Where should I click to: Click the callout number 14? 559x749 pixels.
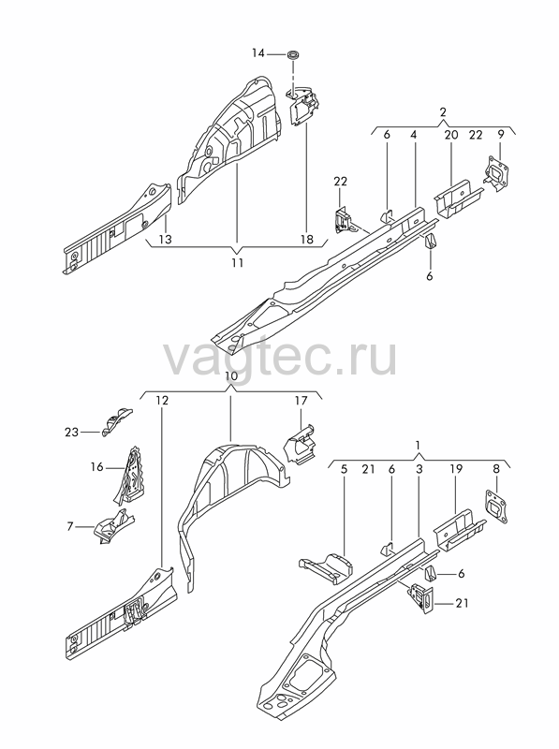(x=258, y=53)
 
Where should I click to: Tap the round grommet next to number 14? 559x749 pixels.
(x=293, y=54)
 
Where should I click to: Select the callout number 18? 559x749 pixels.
(x=307, y=239)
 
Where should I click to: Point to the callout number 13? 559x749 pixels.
(x=165, y=239)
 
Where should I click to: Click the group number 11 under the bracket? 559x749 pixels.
(x=238, y=262)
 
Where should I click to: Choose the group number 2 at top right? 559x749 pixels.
(x=443, y=112)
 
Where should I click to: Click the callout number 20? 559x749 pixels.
(x=451, y=135)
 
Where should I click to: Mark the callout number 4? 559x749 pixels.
(x=414, y=135)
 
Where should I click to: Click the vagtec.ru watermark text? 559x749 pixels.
(x=280, y=358)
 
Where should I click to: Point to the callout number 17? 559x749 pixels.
(x=301, y=401)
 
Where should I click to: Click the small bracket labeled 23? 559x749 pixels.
(x=116, y=421)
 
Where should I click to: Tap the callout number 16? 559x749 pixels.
(x=97, y=466)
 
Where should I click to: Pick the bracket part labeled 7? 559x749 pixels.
(x=114, y=525)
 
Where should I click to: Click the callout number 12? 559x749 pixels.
(x=162, y=401)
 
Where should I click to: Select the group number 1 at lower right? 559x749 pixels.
(x=418, y=446)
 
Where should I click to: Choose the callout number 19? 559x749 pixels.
(x=456, y=469)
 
